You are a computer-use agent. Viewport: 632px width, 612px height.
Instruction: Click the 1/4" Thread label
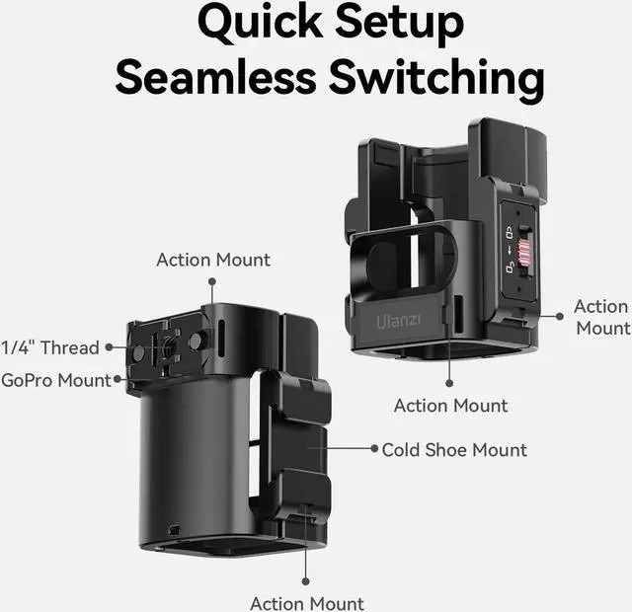(x=50, y=347)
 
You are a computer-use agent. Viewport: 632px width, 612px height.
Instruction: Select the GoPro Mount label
(x=56, y=379)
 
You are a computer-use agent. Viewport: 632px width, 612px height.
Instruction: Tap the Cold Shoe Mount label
(x=454, y=450)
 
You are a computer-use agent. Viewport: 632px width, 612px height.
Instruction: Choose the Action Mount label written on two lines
(x=600, y=317)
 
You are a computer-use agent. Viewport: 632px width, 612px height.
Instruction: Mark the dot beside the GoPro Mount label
(x=118, y=379)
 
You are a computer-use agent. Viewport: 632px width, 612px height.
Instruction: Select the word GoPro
(x=27, y=379)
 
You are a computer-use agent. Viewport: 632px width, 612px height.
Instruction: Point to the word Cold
(x=402, y=450)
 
